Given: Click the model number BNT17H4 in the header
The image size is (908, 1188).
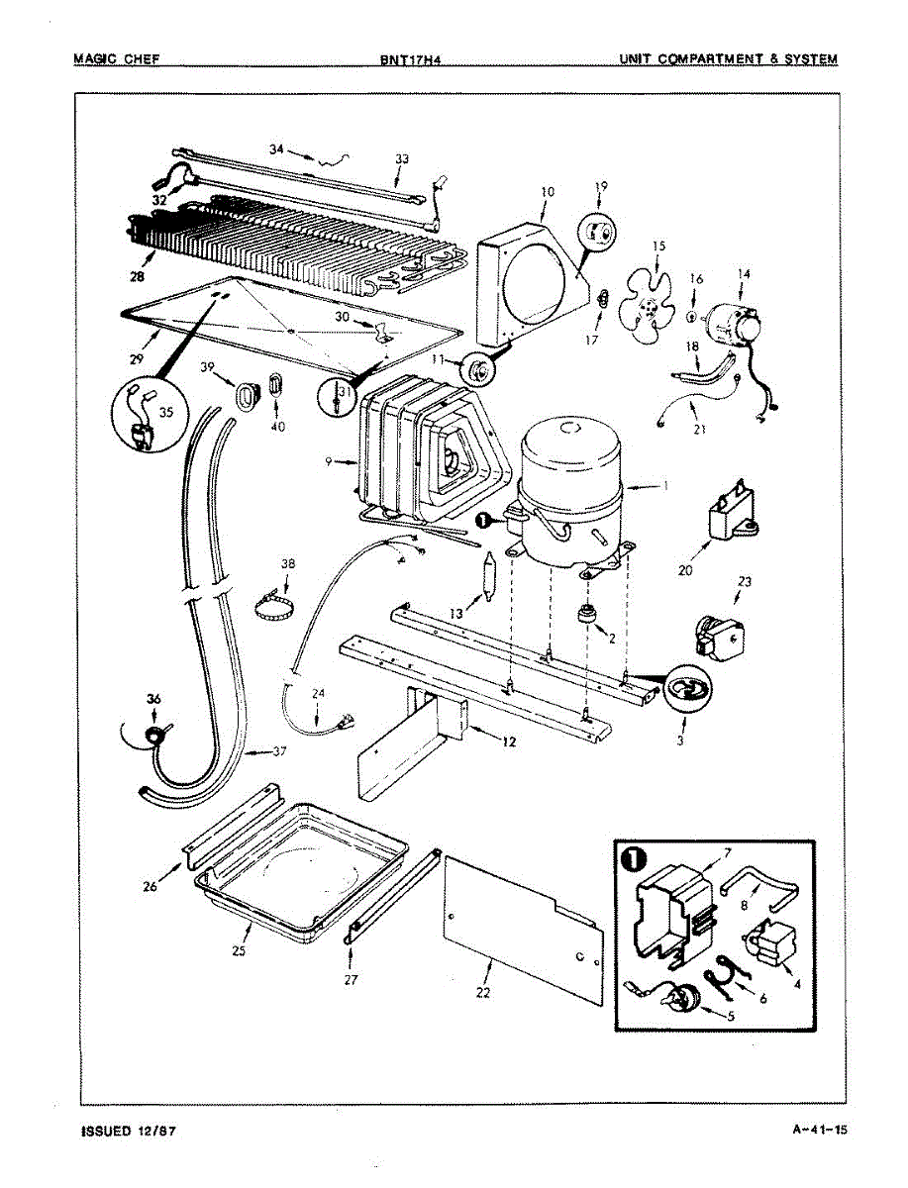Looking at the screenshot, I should (x=409, y=59).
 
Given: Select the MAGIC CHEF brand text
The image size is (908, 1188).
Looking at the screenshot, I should (x=117, y=58).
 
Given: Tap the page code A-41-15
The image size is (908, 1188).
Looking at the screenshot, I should (x=814, y=1128).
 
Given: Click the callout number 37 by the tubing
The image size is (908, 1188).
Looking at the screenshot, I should (x=279, y=752).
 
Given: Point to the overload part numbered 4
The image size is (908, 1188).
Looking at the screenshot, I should (x=768, y=941).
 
